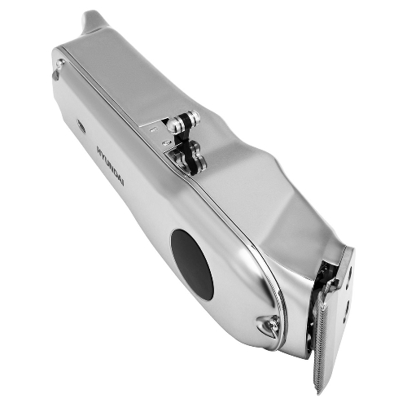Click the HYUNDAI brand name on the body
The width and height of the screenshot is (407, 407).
[111, 165]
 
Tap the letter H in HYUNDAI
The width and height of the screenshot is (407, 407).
[99, 150]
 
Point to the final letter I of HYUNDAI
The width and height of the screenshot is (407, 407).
[122, 183]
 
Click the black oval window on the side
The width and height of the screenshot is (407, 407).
[192, 265]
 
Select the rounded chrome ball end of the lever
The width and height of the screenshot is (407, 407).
[173, 125]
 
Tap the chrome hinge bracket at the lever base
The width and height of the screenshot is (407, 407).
[187, 159]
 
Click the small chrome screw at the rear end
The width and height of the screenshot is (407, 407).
[60, 63]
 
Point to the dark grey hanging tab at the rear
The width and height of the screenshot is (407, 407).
[55, 75]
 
